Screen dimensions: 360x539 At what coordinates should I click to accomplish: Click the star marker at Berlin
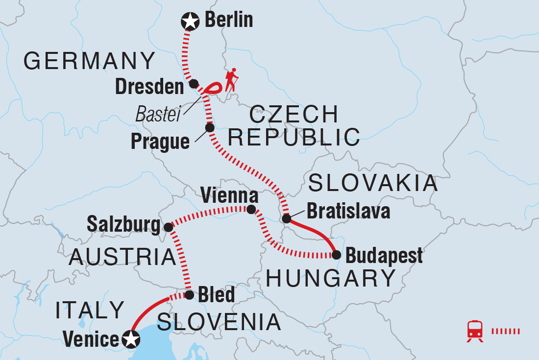(x=190, y=22)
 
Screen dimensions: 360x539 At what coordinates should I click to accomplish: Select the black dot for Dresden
(x=194, y=83)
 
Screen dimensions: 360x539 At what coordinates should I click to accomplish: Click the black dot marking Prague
(x=210, y=128)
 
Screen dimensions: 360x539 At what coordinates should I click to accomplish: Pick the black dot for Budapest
(x=336, y=255)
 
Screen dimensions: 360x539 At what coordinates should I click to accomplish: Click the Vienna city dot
(x=251, y=210)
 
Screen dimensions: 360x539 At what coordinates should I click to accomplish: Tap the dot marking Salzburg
(x=168, y=227)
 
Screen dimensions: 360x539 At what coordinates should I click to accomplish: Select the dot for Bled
(x=189, y=295)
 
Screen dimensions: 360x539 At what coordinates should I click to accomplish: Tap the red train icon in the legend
(x=475, y=331)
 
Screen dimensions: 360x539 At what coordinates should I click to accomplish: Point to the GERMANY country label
(x=89, y=62)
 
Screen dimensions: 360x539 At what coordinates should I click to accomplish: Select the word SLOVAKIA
(x=373, y=183)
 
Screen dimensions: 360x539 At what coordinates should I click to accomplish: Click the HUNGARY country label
(x=330, y=279)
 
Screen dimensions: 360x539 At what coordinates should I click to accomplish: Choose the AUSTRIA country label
(x=122, y=257)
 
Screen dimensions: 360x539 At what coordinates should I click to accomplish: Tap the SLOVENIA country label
(x=219, y=322)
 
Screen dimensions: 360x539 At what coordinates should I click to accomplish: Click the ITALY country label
(x=90, y=310)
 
